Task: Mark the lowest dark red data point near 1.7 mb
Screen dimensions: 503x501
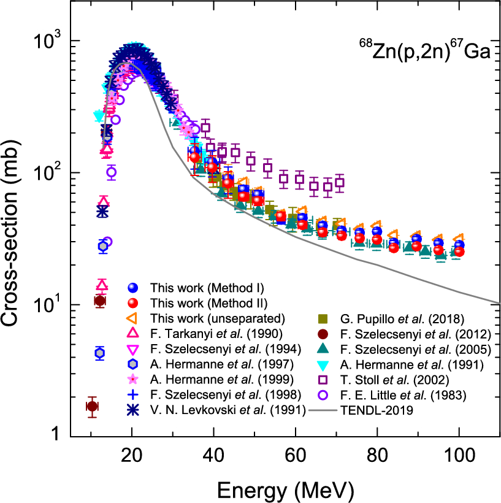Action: point(92,406)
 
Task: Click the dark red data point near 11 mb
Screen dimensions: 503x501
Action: point(100,301)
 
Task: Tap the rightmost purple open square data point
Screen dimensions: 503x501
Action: point(340,182)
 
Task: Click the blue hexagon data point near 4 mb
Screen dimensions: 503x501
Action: point(100,353)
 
